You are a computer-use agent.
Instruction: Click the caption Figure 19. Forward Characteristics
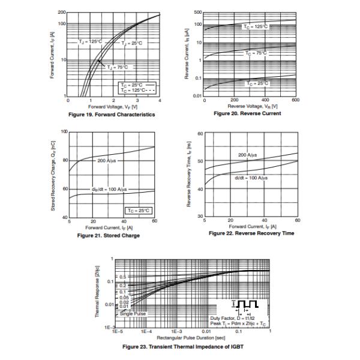[112, 114]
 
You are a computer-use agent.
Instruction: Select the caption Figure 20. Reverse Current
[247, 113]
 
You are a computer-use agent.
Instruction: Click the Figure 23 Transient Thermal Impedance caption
[183, 346]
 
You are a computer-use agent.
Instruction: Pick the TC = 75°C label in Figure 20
[256, 53]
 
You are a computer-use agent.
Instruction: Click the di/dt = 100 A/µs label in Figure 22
[250, 178]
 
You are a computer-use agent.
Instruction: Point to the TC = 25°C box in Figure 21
[139, 210]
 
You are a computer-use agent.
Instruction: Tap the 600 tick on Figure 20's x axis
[296, 100]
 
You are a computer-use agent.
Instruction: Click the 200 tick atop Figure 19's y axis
[62, 13]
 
